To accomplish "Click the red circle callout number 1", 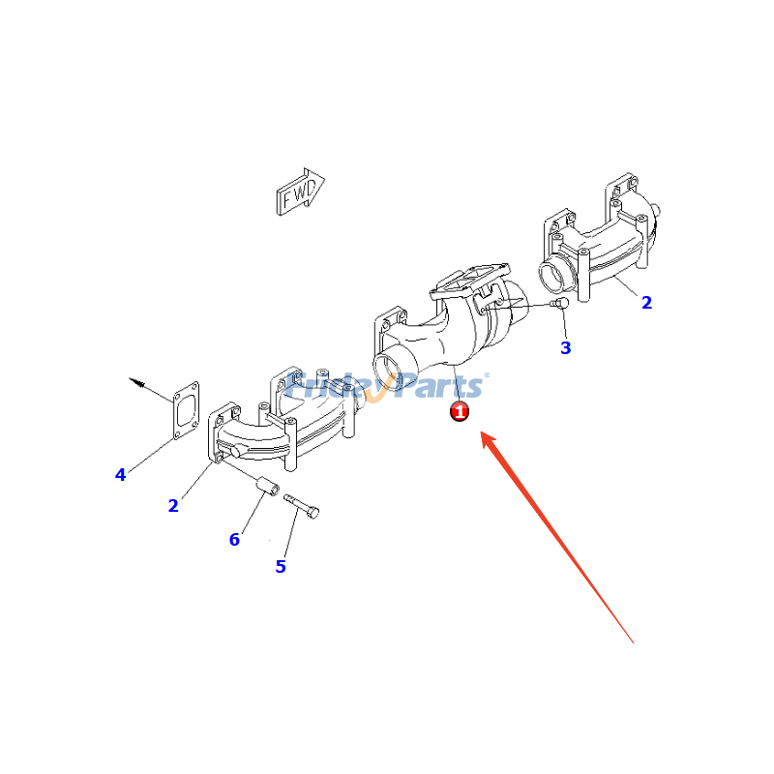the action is [459, 410].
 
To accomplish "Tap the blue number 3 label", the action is [566, 348].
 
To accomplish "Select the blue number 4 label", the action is [120, 475].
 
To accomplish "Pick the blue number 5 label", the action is [281, 566].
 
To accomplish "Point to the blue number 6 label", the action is [234, 539].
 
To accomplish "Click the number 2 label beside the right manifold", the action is [646, 302].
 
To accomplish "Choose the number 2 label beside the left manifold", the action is [173, 505].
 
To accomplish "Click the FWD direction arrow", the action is [300, 192].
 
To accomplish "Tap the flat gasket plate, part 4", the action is [186, 410].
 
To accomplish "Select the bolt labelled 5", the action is [302, 506].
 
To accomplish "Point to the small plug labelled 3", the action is [560, 302].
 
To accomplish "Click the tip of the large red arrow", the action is [481, 431].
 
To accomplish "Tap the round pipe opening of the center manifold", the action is [389, 368].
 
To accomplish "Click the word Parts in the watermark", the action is [441, 385].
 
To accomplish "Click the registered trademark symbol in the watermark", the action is [487, 375].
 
